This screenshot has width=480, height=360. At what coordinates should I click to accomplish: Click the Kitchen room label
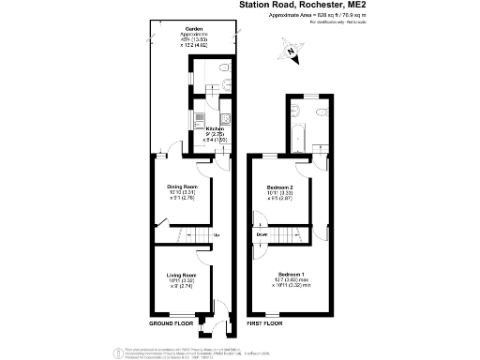coord(214,128)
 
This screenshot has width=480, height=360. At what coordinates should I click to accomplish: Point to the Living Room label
coord(181,274)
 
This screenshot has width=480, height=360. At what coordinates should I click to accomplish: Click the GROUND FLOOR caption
coord(172,322)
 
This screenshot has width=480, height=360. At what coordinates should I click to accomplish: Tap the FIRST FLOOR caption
coord(265,322)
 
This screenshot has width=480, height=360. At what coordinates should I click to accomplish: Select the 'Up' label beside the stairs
coord(216,234)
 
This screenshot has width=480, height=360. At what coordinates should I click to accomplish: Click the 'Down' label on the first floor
coord(262,234)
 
